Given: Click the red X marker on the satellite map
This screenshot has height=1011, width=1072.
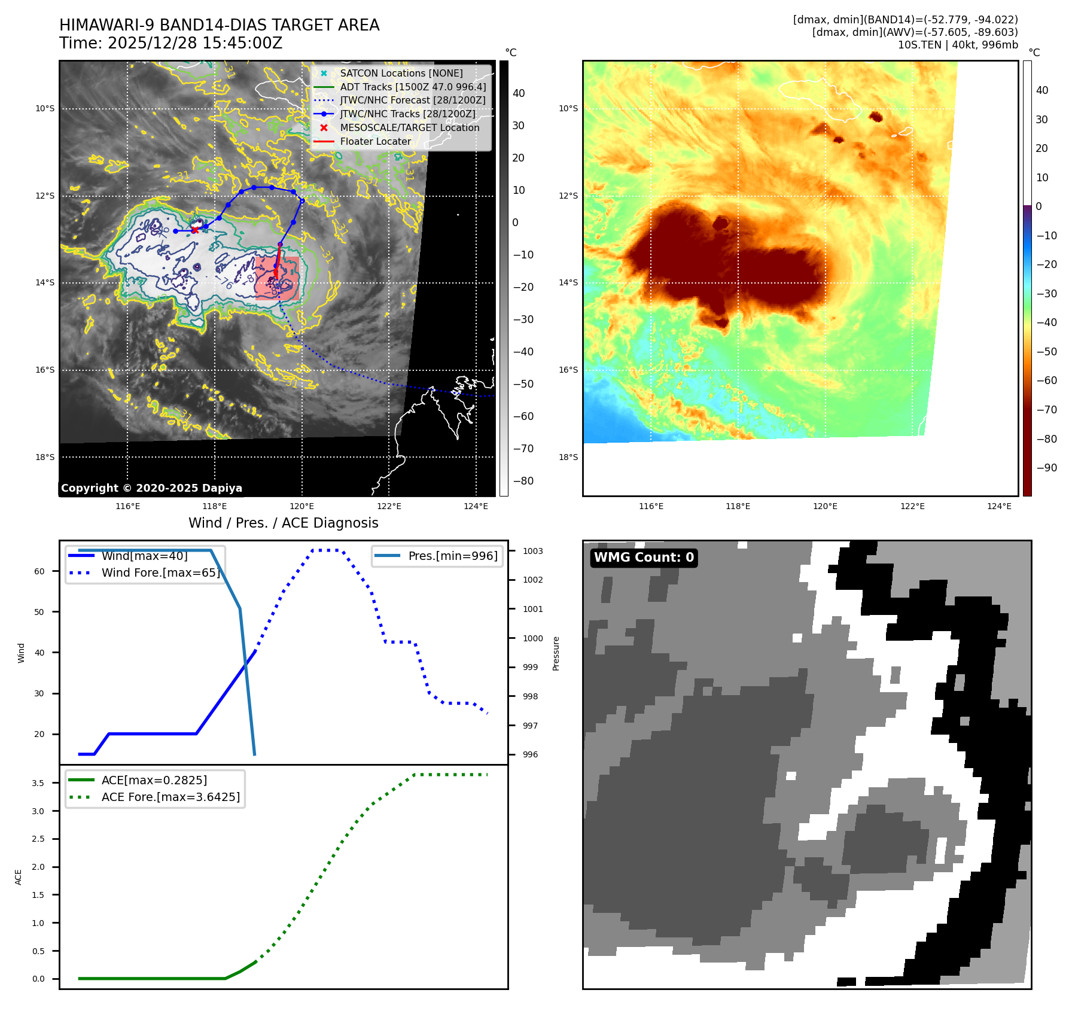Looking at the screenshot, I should (x=195, y=230).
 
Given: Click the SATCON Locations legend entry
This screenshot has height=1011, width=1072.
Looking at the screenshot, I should (x=401, y=73).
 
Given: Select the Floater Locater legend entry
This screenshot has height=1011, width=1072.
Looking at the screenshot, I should (x=375, y=141).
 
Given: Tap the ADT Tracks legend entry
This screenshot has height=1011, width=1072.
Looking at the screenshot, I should (x=413, y=87).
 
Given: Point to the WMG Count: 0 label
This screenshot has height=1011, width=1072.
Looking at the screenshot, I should (x=644, y=558).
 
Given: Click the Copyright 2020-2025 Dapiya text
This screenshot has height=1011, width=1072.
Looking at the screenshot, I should (x=151, y=488).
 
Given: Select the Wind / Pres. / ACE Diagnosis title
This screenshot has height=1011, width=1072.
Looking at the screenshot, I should (x=283, y=523).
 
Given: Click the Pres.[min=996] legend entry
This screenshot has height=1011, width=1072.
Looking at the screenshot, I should (x=452, y=556).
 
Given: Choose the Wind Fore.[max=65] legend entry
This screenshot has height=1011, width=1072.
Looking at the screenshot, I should (x=160, y=573).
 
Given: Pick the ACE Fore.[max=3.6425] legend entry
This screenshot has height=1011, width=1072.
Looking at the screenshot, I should (x=170, y=797).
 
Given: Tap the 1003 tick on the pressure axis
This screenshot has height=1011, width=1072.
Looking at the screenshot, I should (x=532, y=551).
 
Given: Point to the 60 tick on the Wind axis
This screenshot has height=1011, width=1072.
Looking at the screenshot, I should (x=39, y=571).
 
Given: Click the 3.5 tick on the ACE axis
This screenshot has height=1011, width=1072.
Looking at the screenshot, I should (x=38, y=783).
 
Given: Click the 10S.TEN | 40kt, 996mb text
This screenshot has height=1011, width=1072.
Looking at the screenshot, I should (x=957, y=45).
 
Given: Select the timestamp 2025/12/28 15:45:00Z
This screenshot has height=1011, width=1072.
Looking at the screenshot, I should (x=195, y=43).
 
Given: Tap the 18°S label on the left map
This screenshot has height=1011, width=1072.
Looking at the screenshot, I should (x=45, y=457).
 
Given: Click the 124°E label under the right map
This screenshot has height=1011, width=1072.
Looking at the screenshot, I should (x=999, y=506).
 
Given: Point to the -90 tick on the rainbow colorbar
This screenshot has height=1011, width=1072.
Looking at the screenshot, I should (x=1046, y=468).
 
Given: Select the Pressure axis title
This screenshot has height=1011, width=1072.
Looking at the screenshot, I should (x=556, y=653).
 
